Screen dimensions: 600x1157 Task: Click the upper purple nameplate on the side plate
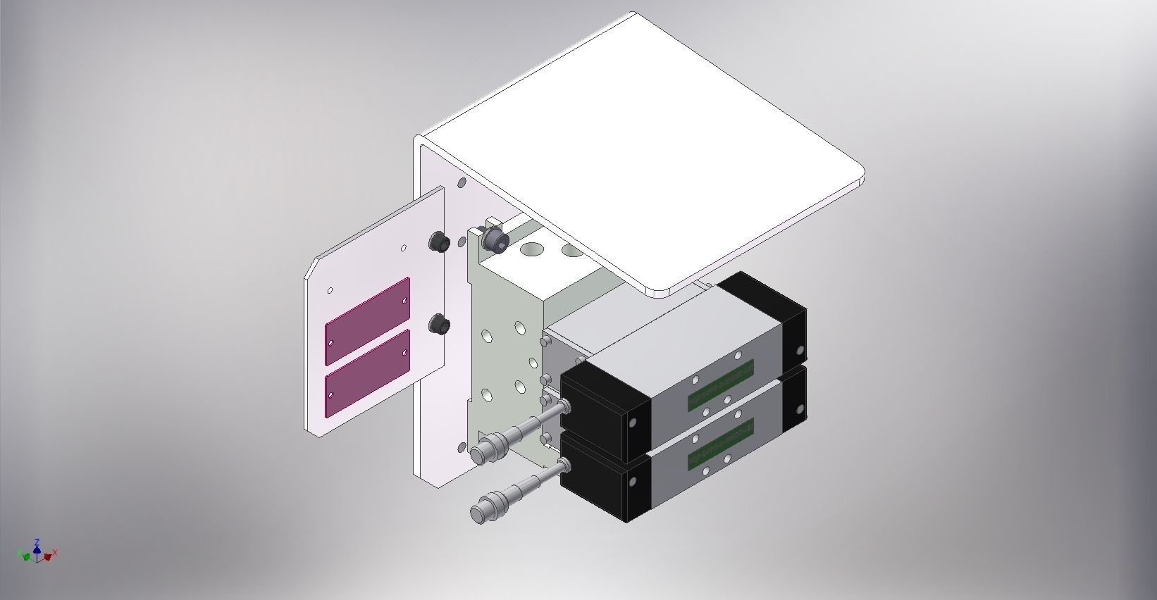tap(367, 321)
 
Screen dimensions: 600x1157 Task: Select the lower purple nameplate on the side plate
tap(367, 373)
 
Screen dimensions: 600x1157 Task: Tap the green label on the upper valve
tap(720, 384)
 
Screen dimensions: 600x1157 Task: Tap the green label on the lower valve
tap(720, 444)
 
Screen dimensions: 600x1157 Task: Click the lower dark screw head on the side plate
tap(440, 325)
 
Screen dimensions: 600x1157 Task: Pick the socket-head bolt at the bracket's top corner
tap(496, 239)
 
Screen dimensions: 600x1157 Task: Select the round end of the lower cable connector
tap(483, 511)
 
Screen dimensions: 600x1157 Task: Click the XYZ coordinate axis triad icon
tap(38, 552)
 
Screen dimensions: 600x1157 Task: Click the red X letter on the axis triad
tap(55, 553)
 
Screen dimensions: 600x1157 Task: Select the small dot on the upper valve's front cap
tap(632, 422)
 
